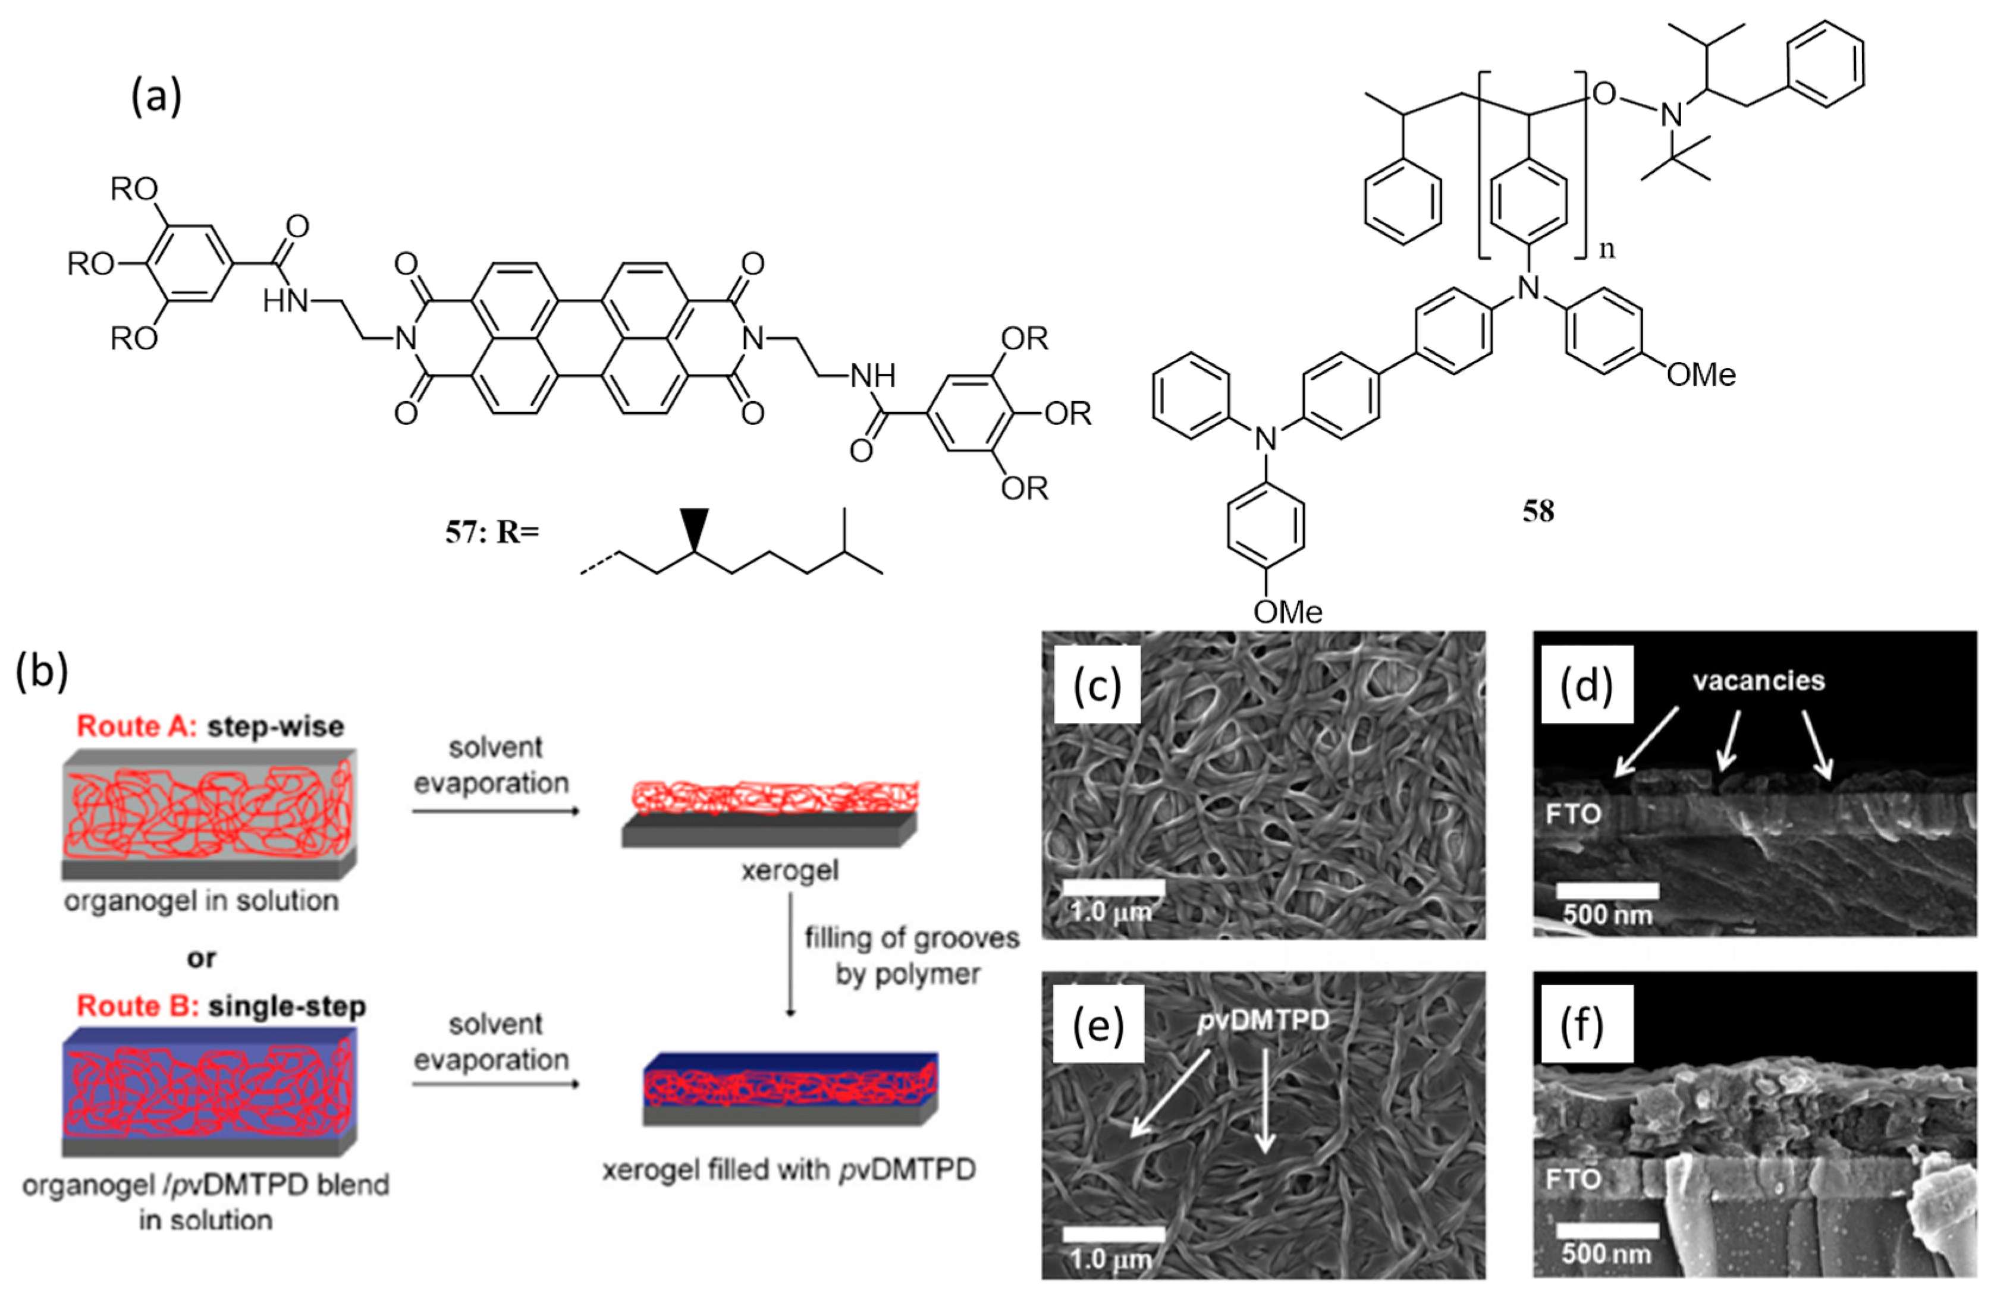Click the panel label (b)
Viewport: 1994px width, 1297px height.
point(41,672)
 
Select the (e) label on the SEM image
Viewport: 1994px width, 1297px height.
point(1098,1027)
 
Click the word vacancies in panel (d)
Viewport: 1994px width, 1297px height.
point(1758,681)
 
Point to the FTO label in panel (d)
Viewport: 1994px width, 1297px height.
point(1574,813)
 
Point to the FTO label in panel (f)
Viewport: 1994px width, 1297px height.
point(1574,1180)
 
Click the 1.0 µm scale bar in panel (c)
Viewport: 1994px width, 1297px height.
point(1113,887)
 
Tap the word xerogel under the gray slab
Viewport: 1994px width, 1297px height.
point(789,871)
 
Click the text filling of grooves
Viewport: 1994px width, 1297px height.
point(912,938)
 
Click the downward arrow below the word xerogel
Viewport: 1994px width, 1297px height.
point(790,955)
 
